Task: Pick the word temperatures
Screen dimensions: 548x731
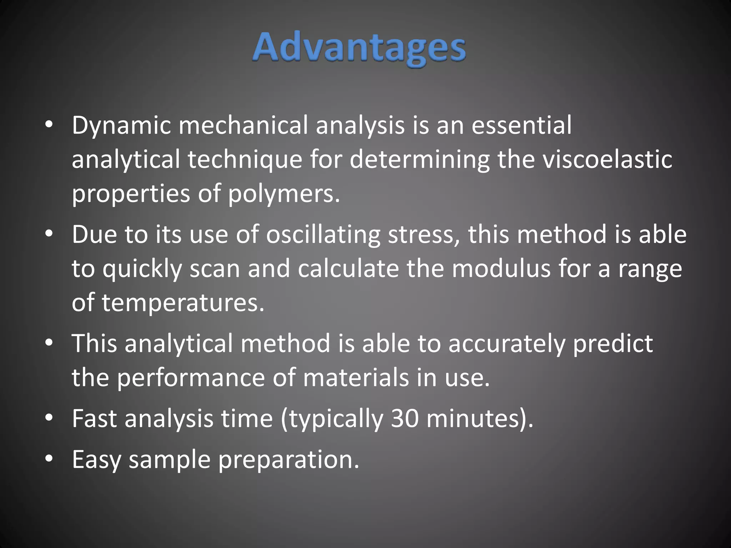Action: pyautogui.click(x=183, y=303)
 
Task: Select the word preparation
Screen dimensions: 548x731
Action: pyautogui.click(x=288, y=460)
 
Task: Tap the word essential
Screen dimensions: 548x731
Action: pyautogui.click(x=521, y=126)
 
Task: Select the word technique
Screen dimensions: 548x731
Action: pyautogui.click(x=245, y=159)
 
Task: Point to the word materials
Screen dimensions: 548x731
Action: pyautogui.click(x=356, y=377)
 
